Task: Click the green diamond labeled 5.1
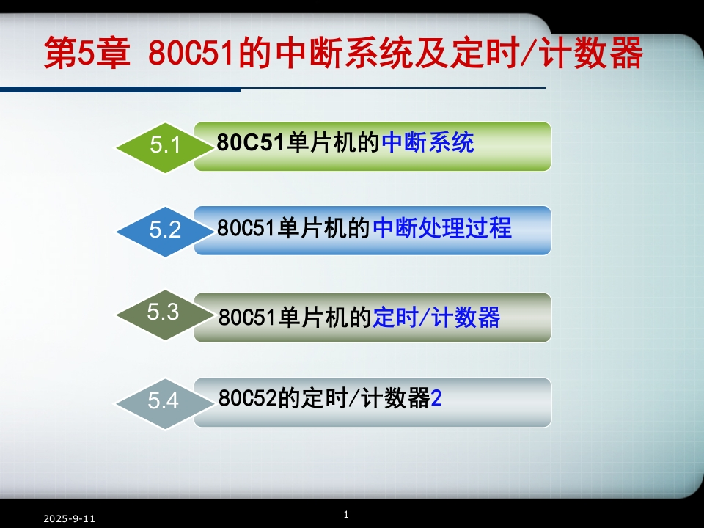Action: (x=165, y=147)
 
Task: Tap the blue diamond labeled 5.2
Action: (x=165, y=232)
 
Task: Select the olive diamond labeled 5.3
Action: (x=165, y=315)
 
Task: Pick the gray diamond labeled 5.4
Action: (x=165, y=403)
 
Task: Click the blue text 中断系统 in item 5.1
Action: (x=428, y=142)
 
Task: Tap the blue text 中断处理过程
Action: (x=442, y=227)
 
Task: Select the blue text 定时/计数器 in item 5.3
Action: (x=436, y=317)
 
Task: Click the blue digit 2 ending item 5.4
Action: (x=436, y=397)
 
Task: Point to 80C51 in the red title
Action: (x=191, y=53)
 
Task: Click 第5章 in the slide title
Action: (x=87, y=53)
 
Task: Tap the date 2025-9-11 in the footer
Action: (x=69, y=518)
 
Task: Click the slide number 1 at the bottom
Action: (x=346, y=514)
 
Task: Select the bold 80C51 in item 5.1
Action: (x=251, y=142)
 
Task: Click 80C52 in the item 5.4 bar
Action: (x=247, y=397)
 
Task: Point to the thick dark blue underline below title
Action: (x=120, y=89)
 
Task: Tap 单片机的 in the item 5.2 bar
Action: (x=323, y=227)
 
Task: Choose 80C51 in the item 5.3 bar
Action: (x=246, y=317)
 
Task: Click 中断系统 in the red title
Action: (x=343, y=53)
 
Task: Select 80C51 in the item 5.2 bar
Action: (x=246, y=227)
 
